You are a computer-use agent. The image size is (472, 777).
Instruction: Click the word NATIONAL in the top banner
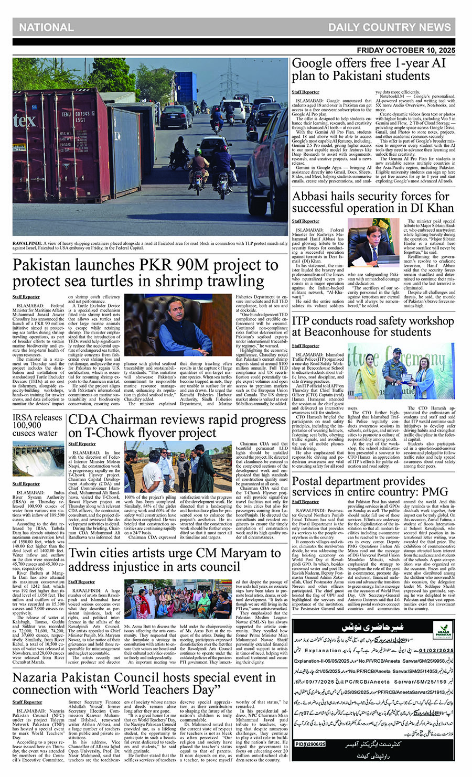(46, 27)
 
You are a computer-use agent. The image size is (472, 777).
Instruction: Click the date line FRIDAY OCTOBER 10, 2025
(406, 50)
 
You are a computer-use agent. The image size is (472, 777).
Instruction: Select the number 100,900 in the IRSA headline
(27, 425)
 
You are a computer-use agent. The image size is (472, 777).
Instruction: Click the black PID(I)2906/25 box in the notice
(310, 743)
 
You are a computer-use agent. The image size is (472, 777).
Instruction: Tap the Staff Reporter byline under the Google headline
(305, 92)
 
